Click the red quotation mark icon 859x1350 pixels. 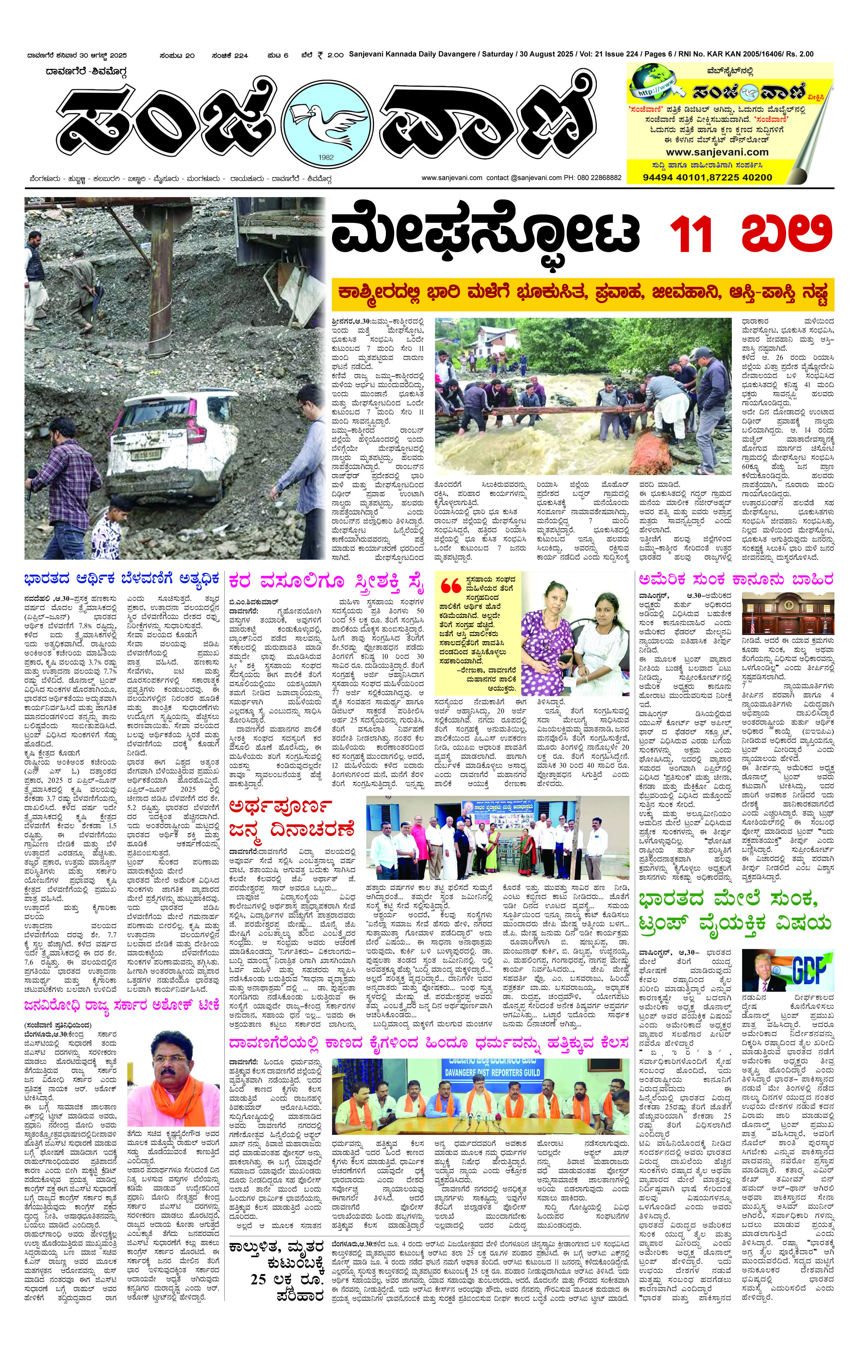pos(450,586)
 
